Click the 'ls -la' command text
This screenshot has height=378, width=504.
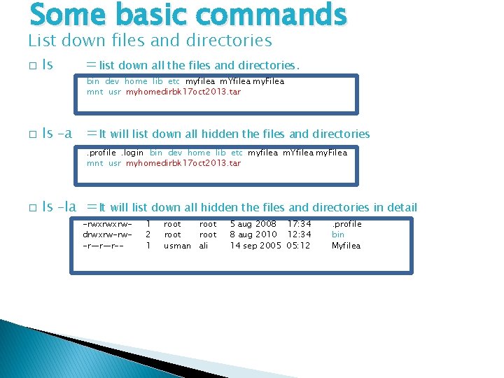tap(59, 206)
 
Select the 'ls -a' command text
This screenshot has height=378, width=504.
tap(57, 133)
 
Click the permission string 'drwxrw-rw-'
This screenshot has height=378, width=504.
tap(107, 234)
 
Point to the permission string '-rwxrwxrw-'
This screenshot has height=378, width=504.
tap(107, 224)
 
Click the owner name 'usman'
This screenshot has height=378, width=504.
tap(177, 246)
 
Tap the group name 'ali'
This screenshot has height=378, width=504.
tap(204, 246)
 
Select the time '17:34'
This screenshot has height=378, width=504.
tap(300, 224)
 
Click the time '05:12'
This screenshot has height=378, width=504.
tap(298, 246)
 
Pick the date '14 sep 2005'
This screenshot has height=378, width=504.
tap(255, 246)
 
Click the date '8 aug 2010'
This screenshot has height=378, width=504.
tap(253, 234)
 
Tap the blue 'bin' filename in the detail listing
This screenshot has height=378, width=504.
tap(338, 234)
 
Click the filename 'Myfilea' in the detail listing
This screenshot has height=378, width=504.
tap(346, 246)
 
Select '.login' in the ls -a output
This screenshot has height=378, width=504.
tap(132, 153)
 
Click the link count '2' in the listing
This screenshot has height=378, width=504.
tap(148, 234)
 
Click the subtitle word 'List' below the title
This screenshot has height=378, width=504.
tap(41, 41)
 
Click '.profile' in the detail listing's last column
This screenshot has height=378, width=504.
tap(346, 224)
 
